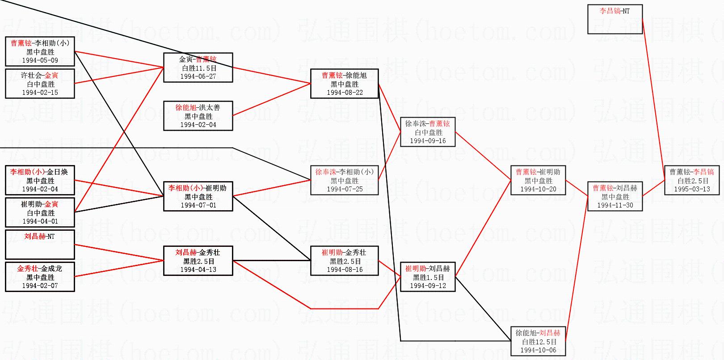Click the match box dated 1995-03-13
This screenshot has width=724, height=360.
[x=691, y=180]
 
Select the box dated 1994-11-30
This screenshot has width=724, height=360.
[x=615, y=196]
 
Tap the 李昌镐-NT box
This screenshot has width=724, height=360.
[x=615, y=19]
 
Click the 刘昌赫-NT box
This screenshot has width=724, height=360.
[x=40, y=245]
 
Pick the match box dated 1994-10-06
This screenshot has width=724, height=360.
[x=538, y=341]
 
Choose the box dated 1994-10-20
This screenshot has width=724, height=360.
[x=538, y=180]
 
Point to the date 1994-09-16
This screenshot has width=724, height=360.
[x=428, y=141]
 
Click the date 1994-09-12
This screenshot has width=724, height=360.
[x=428, y=286]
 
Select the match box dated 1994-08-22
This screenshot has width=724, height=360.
[x=345, y=84]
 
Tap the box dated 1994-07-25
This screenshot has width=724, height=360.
[x=345, y=180]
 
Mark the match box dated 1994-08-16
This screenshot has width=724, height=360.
[x=345, y=261]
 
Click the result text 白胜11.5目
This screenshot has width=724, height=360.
[x=198, y=68]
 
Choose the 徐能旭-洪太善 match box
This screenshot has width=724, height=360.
[x=198, y=116]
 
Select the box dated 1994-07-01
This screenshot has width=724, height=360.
[x=198, y=196]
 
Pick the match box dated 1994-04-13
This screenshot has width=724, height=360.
[x=198, y=261]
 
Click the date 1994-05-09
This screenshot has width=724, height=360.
[x=40, y=60]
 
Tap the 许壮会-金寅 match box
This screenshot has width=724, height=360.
[x=40, y=84]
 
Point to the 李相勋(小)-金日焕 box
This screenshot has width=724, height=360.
[x=40, y=180]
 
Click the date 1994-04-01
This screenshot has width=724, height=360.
[x=40, y=221]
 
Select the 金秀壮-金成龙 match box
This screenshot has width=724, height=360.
[x=40, y=277]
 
